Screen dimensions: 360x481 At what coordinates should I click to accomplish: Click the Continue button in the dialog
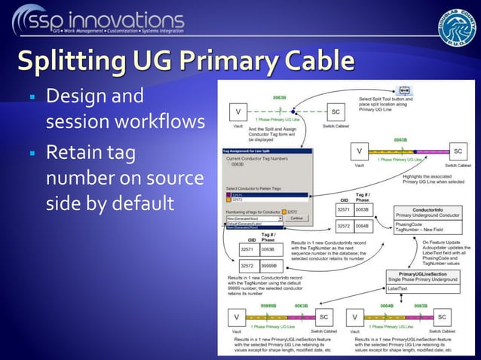pos(296,218)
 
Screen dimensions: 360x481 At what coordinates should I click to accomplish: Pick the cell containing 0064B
pos(361,225)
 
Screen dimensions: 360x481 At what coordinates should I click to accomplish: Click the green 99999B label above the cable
pos(269,307)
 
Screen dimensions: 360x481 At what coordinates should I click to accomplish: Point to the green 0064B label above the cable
pos(387,307)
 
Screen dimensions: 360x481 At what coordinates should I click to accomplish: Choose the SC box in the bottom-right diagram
pos(442,317)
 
